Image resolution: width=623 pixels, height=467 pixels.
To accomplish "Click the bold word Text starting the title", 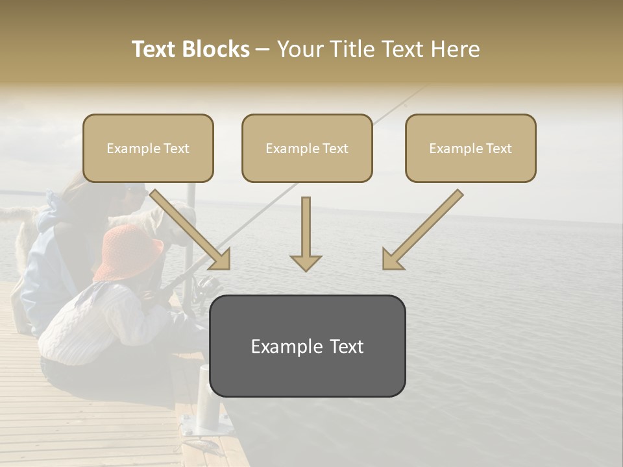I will tap(154, 49).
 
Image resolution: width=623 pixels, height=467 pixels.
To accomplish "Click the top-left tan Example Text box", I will tap(148, 149).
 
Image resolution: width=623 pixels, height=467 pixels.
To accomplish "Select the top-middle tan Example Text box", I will tap(307, 149).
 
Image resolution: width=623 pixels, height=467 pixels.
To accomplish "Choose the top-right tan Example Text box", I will tap(470, 149).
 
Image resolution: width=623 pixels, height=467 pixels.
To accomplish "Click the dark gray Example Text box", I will tap(307, 346).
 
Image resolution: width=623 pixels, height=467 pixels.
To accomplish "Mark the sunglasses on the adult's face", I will tap(133, 192).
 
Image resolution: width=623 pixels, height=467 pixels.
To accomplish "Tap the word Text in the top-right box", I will tap(498, 149).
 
